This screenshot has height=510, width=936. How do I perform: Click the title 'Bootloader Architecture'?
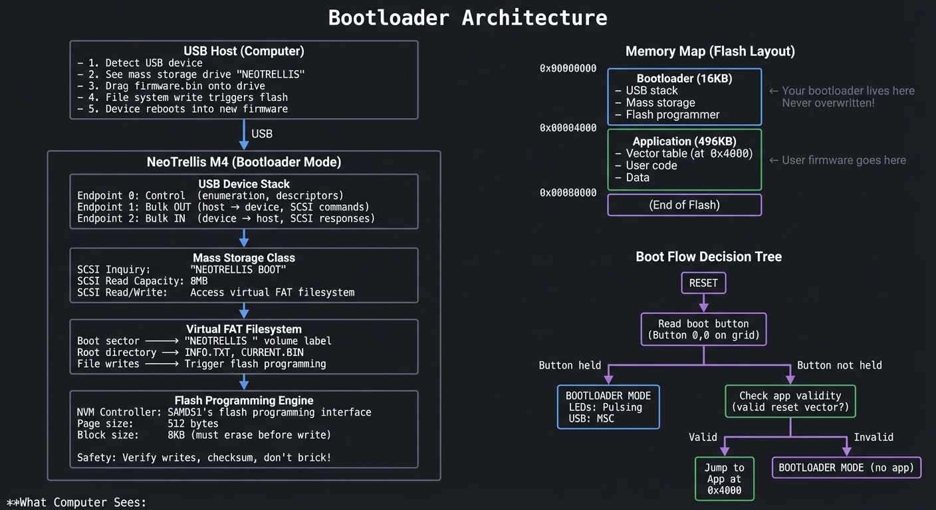(467, 17)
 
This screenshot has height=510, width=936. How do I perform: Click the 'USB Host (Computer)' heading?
(244, 51)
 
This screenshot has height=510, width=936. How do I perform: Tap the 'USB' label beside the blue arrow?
(262, 133)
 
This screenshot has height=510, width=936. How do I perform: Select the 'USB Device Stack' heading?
(244, 184)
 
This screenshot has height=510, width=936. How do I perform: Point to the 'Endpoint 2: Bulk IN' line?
(132, 218)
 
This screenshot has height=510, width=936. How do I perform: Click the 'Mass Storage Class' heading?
(244, 258)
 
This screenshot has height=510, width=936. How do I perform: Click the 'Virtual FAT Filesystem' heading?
(244, 329)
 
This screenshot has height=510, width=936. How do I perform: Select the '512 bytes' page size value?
(193, 424)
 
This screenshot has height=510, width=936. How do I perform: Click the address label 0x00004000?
(568, 127)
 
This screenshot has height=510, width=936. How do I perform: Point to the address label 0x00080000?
(568, 193)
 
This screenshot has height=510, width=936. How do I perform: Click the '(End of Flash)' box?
(684, 205)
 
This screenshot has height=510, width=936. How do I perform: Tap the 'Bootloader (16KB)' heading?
(684, 78)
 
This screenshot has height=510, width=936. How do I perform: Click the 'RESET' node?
(703, 283)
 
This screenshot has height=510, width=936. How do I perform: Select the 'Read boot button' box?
(703, 329)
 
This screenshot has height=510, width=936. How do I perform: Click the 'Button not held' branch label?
(839, 365)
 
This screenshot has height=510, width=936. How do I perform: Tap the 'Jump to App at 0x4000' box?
(725, 479)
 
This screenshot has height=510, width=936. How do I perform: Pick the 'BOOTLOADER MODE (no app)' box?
(846, 467)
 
